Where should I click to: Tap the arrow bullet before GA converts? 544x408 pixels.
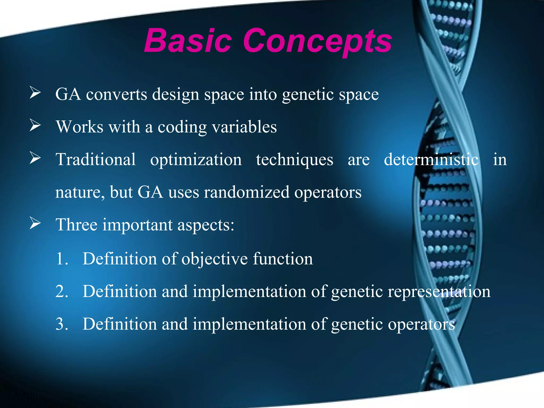coord(35,93)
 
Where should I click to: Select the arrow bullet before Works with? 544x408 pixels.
coord(35,125)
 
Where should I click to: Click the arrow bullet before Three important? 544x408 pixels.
coord(35,223)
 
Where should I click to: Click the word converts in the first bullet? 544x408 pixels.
coord(116,94)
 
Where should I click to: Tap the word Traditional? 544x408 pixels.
coord(96,159)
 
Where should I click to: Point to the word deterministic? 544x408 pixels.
coord(431,159)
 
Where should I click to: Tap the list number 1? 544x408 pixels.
coord(62,258)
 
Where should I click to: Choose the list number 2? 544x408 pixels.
coord(62,291)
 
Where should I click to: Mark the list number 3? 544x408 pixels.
coord(62,324)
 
